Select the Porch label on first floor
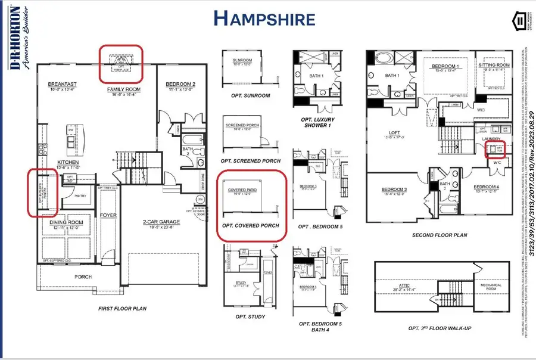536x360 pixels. click(82, 277)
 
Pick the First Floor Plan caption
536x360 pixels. click(123, 309)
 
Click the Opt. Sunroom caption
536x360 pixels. click(250, 95)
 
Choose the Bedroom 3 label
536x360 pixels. click(394, 190)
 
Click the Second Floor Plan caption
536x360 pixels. click(439, 235)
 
